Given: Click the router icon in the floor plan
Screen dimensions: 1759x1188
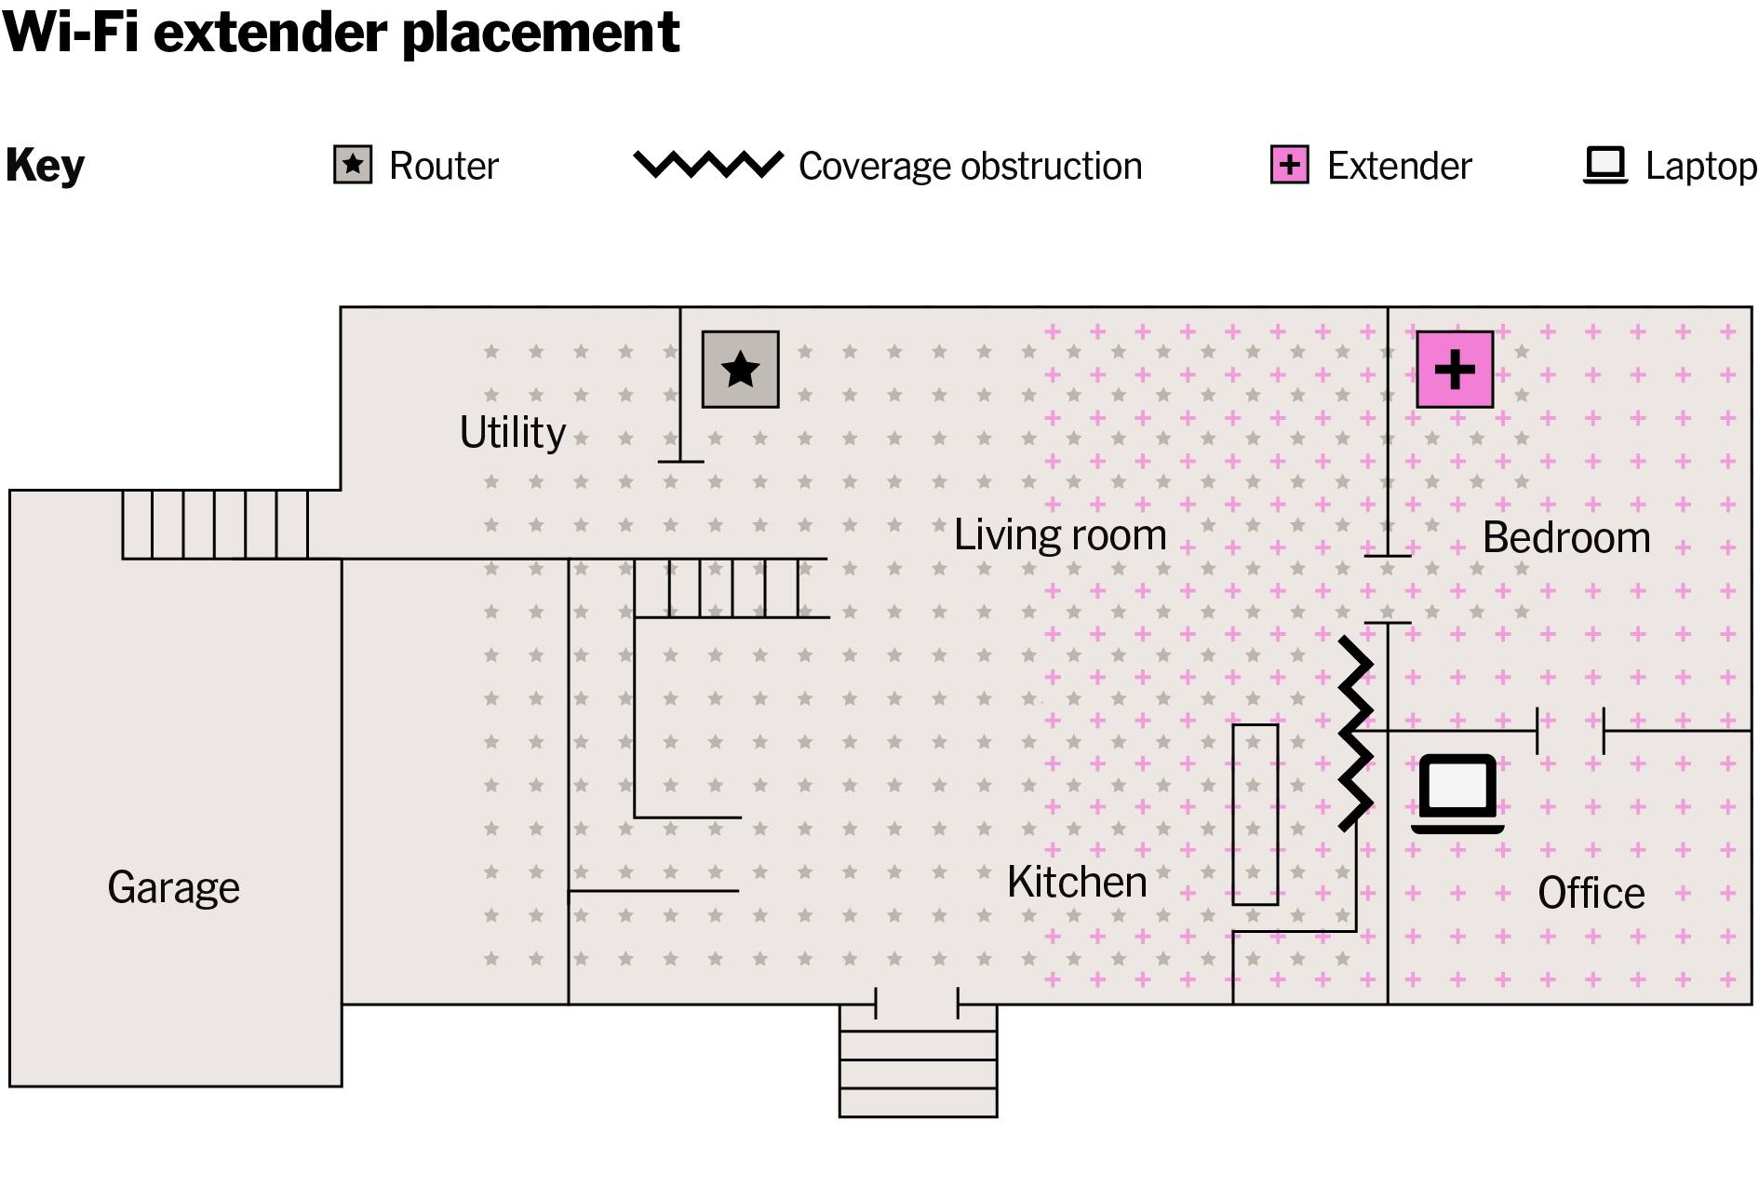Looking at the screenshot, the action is point(740,370).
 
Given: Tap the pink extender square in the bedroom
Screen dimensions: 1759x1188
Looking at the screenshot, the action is point(1455,370).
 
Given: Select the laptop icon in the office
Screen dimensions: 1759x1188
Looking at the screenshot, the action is point(1457,793).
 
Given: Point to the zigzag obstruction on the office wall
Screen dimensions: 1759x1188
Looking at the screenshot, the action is point(1354,732).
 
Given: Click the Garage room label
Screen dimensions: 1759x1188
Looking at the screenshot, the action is point(174,887).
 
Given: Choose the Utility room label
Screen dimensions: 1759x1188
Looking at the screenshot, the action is point(513,433).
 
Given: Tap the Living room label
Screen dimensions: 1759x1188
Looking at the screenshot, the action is point(1060,535).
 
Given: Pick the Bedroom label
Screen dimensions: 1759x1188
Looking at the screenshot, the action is point(1566,537).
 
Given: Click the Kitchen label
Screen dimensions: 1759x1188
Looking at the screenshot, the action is point(1077,882).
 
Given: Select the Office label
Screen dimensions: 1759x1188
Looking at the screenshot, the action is point(1591,893).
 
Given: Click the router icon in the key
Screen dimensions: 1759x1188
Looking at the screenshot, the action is point(353,165).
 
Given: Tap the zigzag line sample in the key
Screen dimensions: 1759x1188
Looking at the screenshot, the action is point(708,165).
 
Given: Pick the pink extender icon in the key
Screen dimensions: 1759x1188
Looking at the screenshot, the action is point(1290,165).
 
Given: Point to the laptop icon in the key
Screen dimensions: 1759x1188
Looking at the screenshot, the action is point(1605,166).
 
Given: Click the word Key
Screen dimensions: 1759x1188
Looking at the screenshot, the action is point(45,167).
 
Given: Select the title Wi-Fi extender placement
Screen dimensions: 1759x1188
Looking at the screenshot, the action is point(342,33).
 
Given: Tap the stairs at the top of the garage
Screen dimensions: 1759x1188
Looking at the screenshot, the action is point(215,524).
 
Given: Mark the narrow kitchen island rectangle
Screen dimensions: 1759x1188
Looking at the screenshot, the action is point(1255,815).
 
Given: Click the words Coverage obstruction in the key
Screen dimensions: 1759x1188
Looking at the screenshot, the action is point(971,167).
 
